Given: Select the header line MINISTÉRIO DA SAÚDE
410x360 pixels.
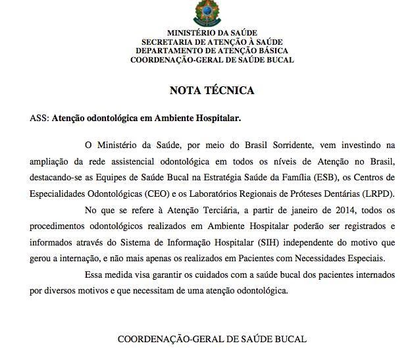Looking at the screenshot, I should tap(212, 32).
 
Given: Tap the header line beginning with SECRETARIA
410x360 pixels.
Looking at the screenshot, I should tap(212, 41).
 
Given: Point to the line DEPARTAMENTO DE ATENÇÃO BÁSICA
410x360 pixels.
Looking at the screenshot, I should tap(212, 51).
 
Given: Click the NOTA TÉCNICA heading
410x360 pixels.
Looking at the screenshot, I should tap(212, 91).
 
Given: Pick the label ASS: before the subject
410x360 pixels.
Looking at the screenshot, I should tap(39, 120).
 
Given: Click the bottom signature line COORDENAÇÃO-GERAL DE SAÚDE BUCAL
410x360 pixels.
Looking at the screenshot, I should tap(212, 340).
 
